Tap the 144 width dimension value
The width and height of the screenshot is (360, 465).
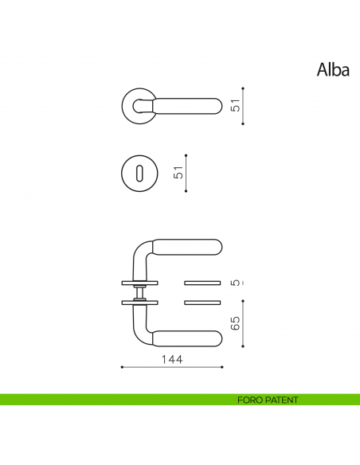[x=171, y=360]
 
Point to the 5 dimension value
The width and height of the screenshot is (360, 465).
[x=235, y=283]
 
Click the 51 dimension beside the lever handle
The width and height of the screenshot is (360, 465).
[x=235, y=106]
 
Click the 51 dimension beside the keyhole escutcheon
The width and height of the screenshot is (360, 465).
[x=178, y=173]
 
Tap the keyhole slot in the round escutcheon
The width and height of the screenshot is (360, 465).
[x=141, y=170]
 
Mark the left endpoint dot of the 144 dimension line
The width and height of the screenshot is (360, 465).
[x=121, y=367]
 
